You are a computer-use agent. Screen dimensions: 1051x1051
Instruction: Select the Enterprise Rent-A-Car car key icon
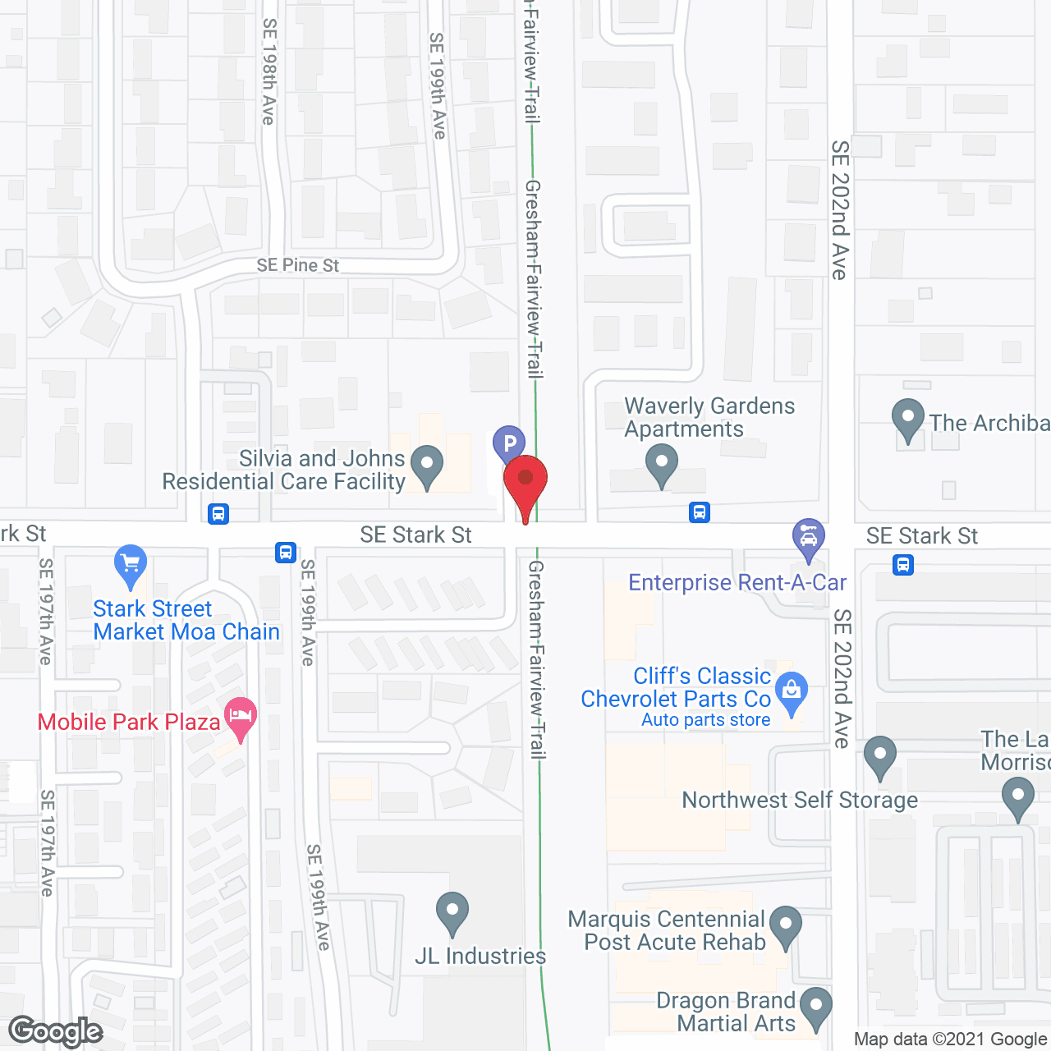coord(809,538)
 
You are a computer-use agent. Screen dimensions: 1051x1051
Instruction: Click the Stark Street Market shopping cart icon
coord(131,564)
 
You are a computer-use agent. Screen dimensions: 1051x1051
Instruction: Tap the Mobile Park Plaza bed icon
coord(241,717)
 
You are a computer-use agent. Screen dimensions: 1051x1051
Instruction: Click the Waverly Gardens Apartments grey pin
coord(661,464)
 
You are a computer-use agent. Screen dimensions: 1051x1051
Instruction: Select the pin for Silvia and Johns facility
coord(426,465)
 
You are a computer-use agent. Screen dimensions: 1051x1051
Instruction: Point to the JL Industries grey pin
coord(452,911)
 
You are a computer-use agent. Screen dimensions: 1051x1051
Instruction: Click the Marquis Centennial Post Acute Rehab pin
coord(786,925)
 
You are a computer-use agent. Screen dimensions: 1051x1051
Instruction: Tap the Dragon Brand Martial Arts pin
coord(815,1007)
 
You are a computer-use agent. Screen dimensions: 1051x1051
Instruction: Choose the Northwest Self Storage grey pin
coord(880,755)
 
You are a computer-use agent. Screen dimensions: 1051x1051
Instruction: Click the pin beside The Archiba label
coord(908,418)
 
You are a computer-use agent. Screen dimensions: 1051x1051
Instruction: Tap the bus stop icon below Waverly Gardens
coord(700,512)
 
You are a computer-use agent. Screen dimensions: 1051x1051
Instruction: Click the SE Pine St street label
coord(297,265)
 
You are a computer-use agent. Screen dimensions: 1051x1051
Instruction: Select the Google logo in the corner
coord(56,1031)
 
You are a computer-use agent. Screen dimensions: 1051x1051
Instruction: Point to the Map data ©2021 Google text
coord(950,1040)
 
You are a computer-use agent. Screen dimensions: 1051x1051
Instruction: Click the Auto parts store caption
coord(705,720)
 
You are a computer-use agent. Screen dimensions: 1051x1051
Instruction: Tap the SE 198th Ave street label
coord(268,72)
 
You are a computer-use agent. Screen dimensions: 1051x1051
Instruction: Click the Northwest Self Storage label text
coord(800,800)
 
